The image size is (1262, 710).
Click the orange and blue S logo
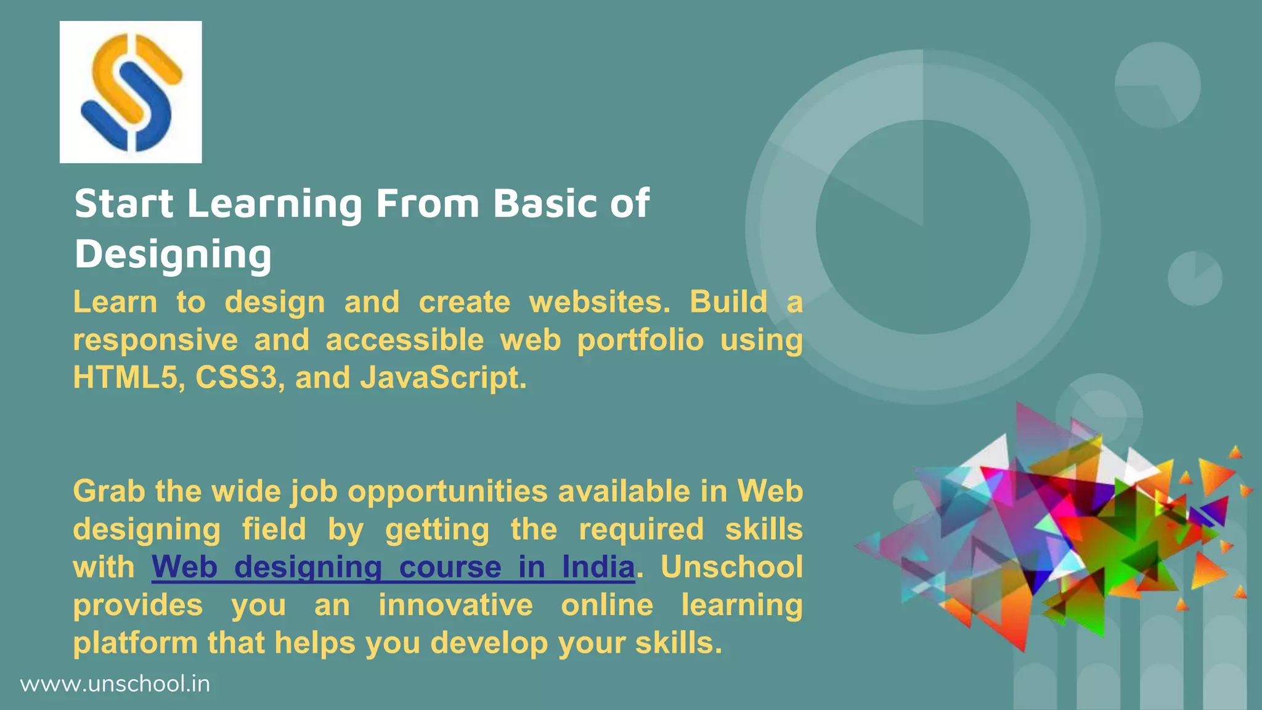pos(131,92)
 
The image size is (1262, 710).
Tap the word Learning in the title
pos(274,204)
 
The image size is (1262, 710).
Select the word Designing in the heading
pos(173,255)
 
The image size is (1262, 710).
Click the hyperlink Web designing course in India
pos(393,567)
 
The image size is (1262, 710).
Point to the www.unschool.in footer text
pos(115,684)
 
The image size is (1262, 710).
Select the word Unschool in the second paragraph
pos(731,567)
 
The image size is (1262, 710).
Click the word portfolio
pos(640,340)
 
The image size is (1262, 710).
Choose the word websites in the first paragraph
pos(599,302)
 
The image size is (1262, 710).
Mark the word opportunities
pos(447,492)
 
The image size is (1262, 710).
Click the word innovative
pos(455,605)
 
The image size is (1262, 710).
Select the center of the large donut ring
pos(922,227)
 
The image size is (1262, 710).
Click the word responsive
pos(155,340)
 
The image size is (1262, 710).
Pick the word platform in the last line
pos(135,643)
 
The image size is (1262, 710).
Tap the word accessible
pos(405,340)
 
